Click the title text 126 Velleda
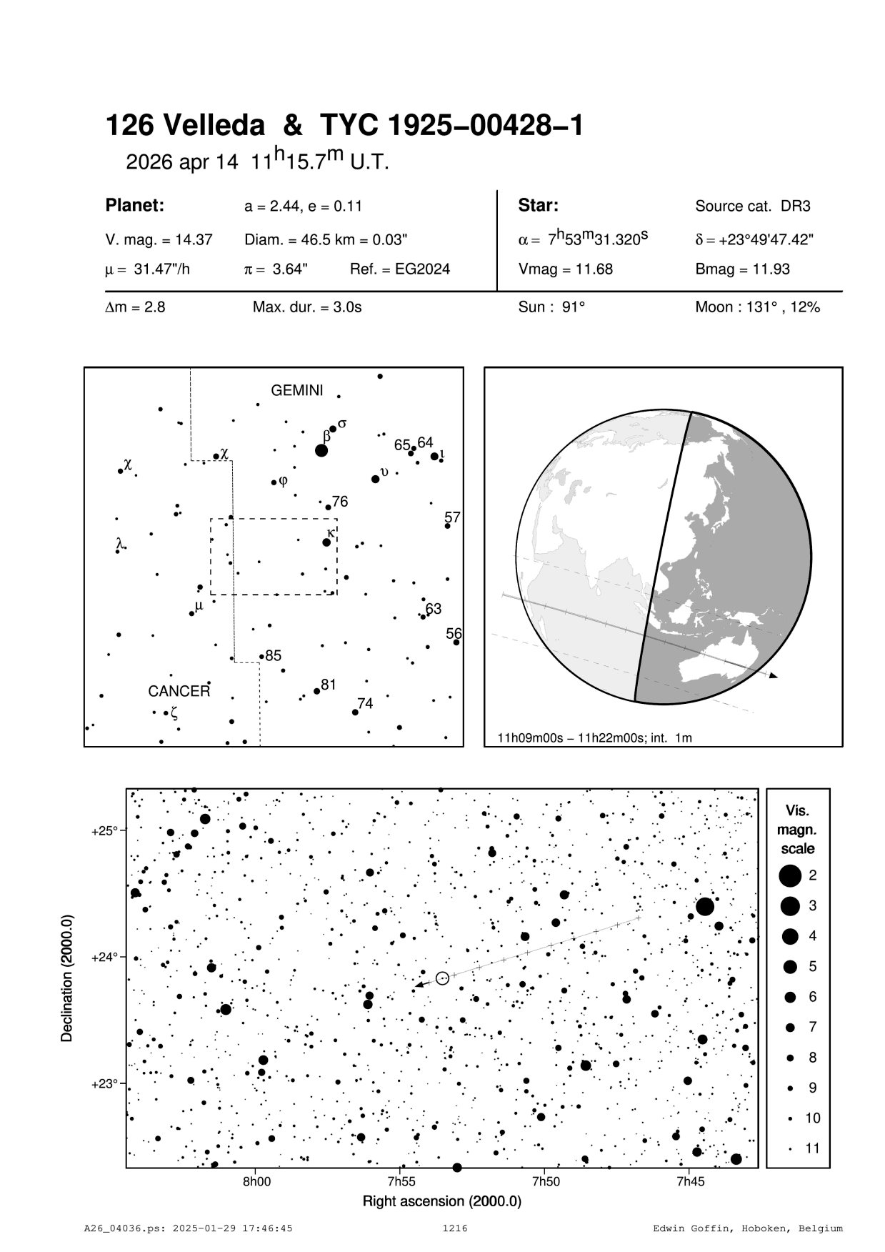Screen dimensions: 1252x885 pos(184,126)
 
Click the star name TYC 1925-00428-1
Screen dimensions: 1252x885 pos(451,126)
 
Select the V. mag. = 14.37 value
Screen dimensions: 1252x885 pos(159,240)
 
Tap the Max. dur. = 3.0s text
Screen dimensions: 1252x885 pos(307,308)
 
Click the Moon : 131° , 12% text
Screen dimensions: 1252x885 pos(757,308)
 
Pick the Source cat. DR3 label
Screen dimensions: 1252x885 pos(753,207)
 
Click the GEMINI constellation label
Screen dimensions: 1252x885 pos(296,391)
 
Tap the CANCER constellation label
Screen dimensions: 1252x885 pos(179,692)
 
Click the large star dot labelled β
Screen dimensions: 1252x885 pos(321,450)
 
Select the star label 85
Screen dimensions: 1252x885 pos(274,655)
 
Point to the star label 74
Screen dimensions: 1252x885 pos(365,704)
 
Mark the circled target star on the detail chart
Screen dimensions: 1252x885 pos(442,978)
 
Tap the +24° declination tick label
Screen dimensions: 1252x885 pos(104,957)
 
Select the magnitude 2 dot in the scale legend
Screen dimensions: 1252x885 pos(790,875)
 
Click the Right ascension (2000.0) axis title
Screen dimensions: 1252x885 pos(441,1201)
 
